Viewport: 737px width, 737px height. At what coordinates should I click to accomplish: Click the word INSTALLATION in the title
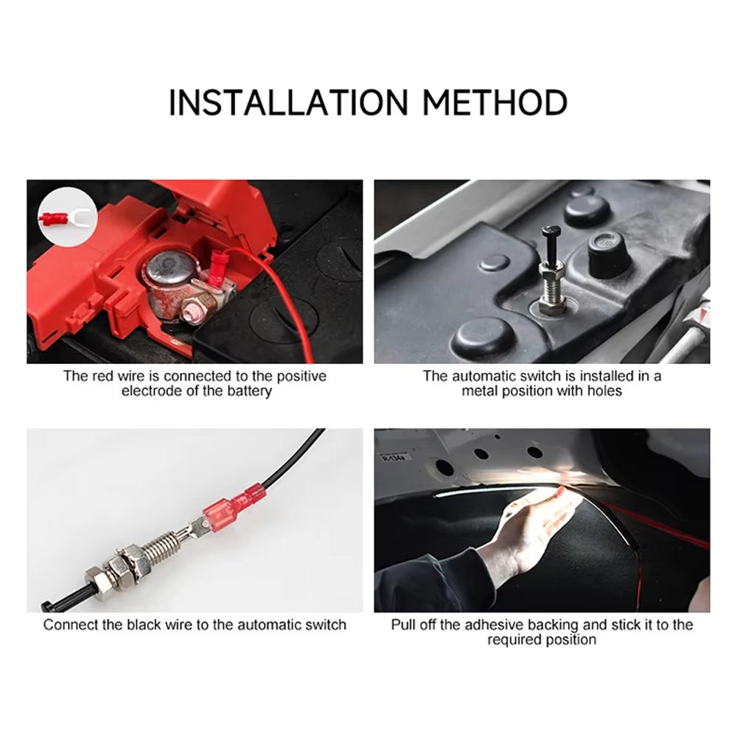point(289,102)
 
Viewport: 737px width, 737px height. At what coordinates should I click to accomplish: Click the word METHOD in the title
point(495,102)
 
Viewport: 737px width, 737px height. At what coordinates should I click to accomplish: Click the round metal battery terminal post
point(168,272)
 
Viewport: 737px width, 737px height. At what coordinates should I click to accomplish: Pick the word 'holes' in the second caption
point(603,391)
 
